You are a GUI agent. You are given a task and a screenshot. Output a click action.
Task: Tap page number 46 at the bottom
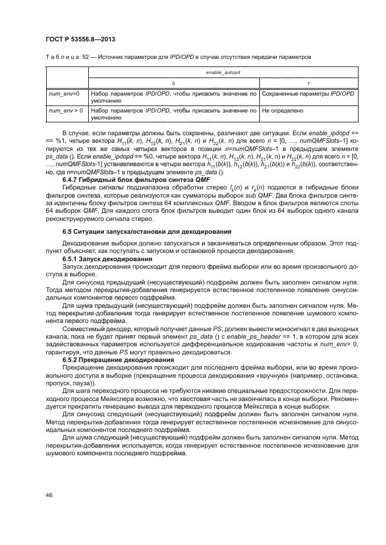click(48, 494)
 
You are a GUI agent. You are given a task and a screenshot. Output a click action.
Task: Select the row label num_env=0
click(64, 93)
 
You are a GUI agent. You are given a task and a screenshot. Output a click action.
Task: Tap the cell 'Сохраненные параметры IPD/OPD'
click(308, 93)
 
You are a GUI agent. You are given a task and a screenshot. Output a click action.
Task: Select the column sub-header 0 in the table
click(173, 83)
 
